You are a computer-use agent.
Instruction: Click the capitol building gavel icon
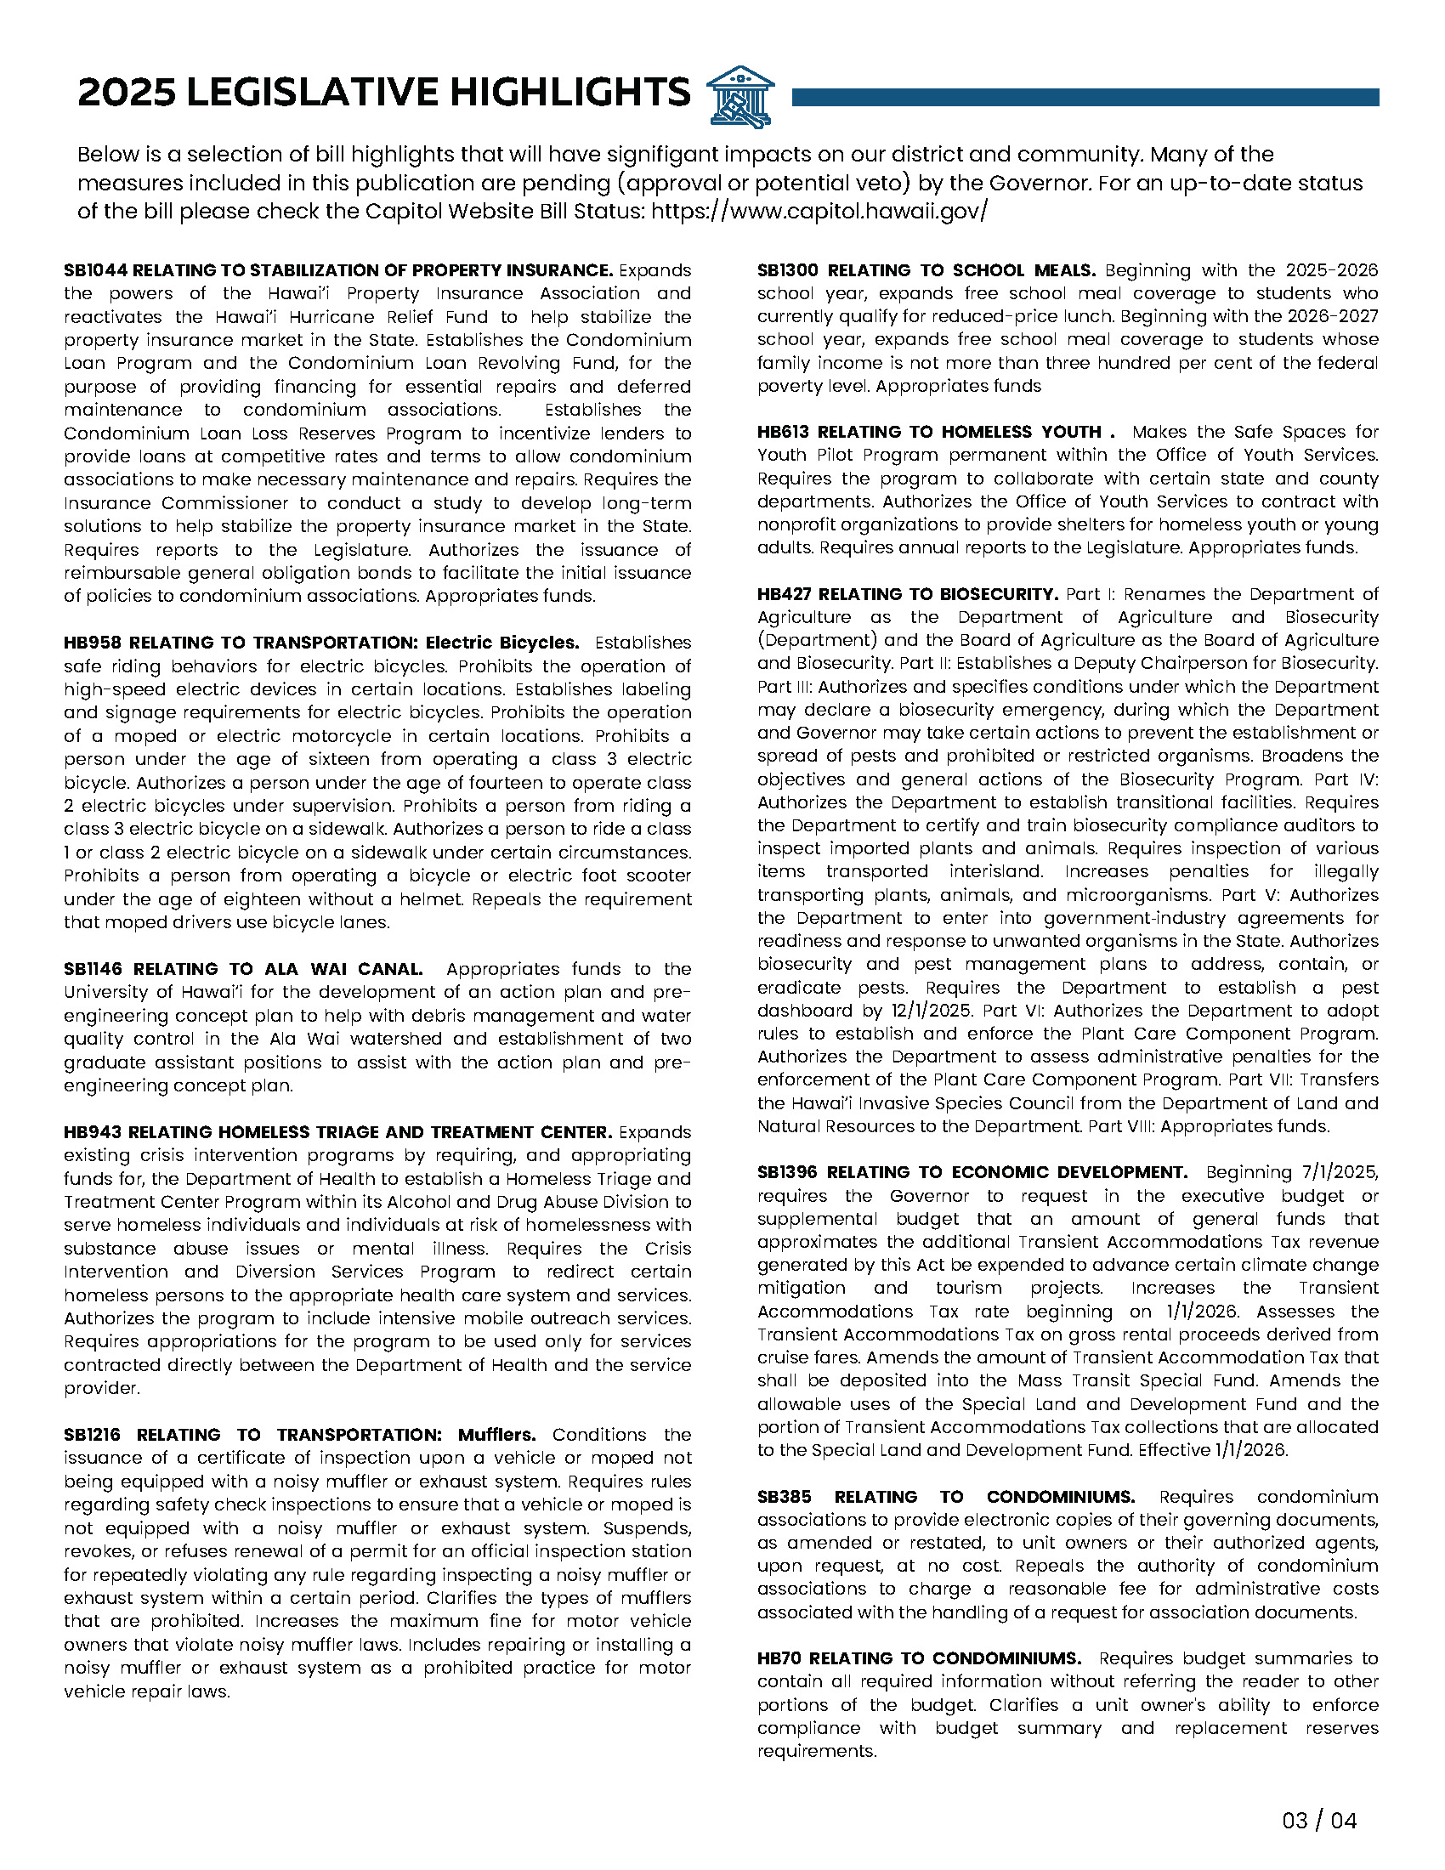coord(740,96)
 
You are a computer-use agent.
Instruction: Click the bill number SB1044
coord(95,270)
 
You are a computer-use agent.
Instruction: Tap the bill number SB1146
coord(93,969)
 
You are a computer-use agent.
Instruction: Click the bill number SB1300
coord(788,270)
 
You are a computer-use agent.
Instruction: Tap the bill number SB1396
coord(788,1172)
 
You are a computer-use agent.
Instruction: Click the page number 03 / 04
coord(1319,1821)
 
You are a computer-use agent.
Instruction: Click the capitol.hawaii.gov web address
coord(819,211)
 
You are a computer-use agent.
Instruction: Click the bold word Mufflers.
coord(496,1435)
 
